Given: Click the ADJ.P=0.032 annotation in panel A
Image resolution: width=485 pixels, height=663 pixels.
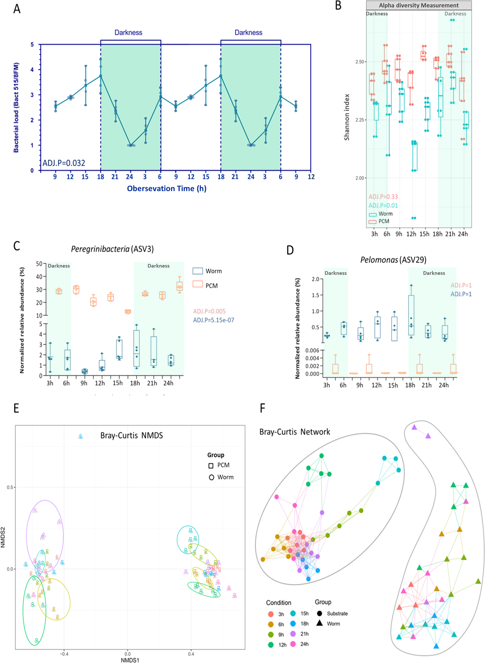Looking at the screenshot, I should click(64, 163).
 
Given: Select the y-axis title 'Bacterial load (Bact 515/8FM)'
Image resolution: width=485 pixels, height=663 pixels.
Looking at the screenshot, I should click(16, 107).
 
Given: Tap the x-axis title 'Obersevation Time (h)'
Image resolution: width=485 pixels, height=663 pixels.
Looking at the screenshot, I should click(166, 189).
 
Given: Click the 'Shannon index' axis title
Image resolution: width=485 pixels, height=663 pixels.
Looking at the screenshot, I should click(347, 117).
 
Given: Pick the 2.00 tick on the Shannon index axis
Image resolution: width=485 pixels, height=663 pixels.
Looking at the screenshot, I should click(360, 178).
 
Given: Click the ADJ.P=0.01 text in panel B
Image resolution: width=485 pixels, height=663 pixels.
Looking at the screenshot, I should click(383, 205).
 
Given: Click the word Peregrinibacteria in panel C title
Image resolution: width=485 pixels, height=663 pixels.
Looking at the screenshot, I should click(100, 249).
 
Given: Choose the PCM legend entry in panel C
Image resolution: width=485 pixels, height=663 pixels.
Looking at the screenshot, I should click(211, 286).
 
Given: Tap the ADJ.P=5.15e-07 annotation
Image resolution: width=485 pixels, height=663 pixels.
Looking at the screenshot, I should click(214, 320).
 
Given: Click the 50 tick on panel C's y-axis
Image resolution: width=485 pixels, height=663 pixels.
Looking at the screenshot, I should click(39, 264).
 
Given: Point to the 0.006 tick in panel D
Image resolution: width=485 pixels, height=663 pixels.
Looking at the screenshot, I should click(312, 350).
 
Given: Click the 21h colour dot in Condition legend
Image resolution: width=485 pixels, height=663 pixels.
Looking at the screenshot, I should click(293, 634).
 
